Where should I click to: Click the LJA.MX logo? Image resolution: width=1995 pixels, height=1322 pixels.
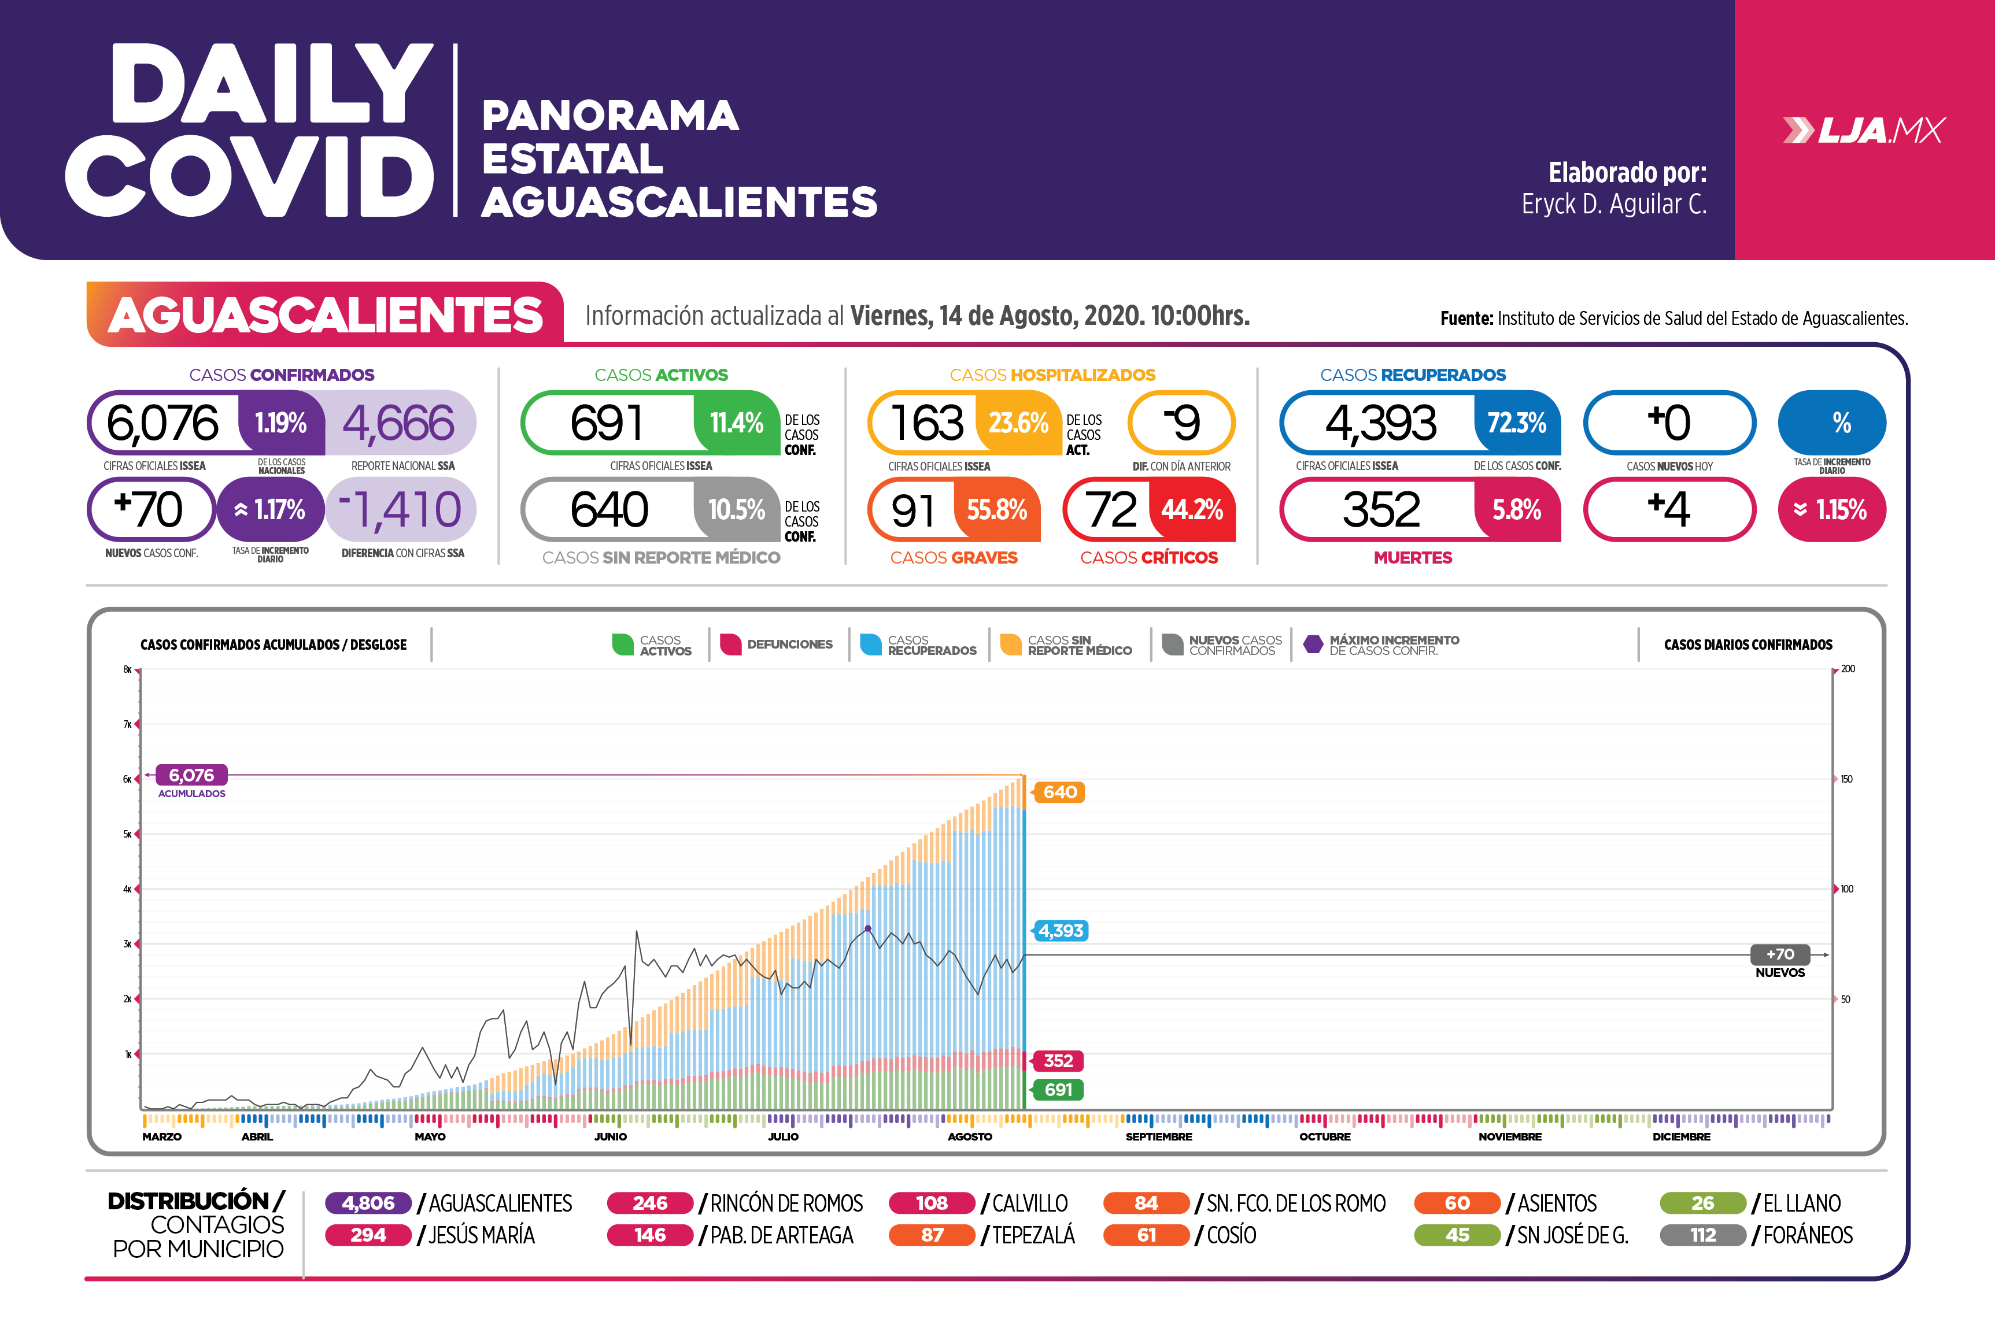point(1864,131)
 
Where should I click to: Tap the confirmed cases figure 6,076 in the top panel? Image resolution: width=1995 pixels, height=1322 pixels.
point(162,423)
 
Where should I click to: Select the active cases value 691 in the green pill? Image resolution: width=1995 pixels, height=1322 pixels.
point(607,423)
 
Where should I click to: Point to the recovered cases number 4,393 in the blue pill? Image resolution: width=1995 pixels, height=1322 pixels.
point(1380,423)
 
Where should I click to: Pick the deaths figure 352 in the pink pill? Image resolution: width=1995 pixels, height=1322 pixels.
point(1380,510)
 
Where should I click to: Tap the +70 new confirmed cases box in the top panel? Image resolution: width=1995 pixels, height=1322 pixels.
point(149,509)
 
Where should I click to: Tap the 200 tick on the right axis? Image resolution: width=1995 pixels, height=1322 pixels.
point(1848,669)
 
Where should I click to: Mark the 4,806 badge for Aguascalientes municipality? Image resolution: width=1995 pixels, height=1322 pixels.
point(368,1203)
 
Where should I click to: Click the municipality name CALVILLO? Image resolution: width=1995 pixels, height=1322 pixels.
point(1029,1203)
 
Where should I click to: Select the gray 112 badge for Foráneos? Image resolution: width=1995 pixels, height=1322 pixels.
point(1702,1235)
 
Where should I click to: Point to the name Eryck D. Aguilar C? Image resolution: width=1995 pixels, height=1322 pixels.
point(1614,204)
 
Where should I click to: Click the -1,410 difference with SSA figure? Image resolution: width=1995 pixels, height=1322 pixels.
point(401,510)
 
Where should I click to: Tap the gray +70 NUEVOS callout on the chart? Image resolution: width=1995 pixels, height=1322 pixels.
point(1780,954)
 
